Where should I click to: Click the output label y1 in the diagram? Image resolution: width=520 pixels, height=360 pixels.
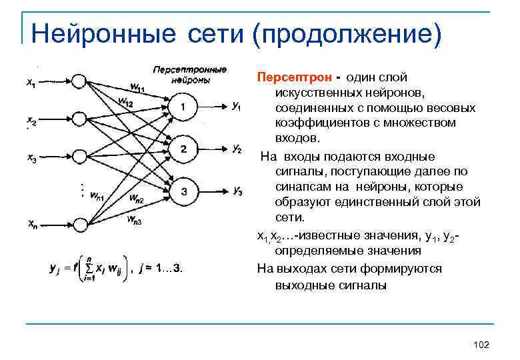(237, 107)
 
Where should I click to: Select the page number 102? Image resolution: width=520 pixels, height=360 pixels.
(480, 344)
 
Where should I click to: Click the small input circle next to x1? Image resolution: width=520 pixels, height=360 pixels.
(79, 81)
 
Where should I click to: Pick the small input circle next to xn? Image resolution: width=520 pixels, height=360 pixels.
(79, 224)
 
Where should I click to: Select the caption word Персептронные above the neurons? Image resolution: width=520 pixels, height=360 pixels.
(190, 69)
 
